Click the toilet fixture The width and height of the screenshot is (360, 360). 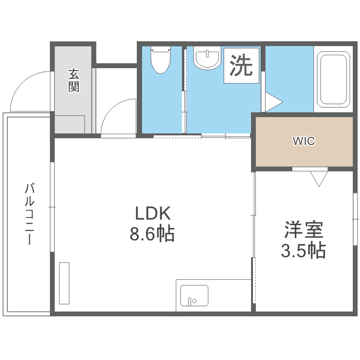point(160,60)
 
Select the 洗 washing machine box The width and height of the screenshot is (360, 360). point(241,65)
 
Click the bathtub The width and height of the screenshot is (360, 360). point(333,80)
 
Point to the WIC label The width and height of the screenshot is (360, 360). point(303,141)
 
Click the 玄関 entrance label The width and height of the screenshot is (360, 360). point(73,81)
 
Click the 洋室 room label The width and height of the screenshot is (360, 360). point(303,230)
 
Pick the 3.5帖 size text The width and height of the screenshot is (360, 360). point(303,250)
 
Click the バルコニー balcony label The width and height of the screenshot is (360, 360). point(29,214)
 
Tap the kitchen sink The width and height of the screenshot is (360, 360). point(194,295)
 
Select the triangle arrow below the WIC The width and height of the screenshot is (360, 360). point(317,179)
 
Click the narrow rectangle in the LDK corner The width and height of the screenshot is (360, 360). point(64,283)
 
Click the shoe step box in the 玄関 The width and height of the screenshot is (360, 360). point(70,124)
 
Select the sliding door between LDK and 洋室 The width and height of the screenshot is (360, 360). point(254,240)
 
